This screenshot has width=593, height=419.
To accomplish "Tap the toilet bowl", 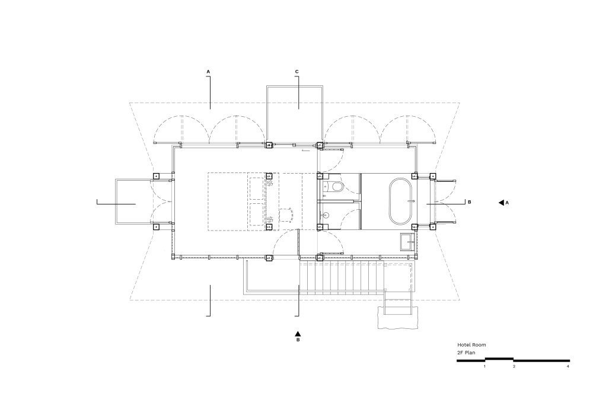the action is point(336,186).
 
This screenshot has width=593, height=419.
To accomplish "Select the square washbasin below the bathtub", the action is point(408,241).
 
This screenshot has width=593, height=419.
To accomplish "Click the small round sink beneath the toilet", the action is point(326,216).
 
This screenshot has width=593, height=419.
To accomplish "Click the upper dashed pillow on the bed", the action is point(256,188).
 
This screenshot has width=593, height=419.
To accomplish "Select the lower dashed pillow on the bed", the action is point(256,215).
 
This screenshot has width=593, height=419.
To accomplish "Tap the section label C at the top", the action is point(297,71).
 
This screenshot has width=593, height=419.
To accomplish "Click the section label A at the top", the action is point(208,71).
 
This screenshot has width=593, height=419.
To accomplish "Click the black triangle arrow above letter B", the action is point(298,334).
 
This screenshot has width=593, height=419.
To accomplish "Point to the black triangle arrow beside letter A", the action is point(501,203).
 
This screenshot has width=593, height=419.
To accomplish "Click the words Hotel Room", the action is point(471,344).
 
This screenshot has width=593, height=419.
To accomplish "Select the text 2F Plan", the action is point(466,353).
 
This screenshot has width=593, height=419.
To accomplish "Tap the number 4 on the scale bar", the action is point(568,366).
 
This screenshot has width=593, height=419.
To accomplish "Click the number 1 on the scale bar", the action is point(484,366).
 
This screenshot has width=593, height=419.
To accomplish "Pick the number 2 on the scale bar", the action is point(514,366).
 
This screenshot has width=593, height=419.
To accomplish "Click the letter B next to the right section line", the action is point(469,202).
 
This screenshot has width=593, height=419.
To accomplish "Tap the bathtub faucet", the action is point(412,201).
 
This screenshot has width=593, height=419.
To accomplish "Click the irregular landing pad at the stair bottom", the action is point(398,318).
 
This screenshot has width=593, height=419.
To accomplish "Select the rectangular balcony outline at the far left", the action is point(116,202).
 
